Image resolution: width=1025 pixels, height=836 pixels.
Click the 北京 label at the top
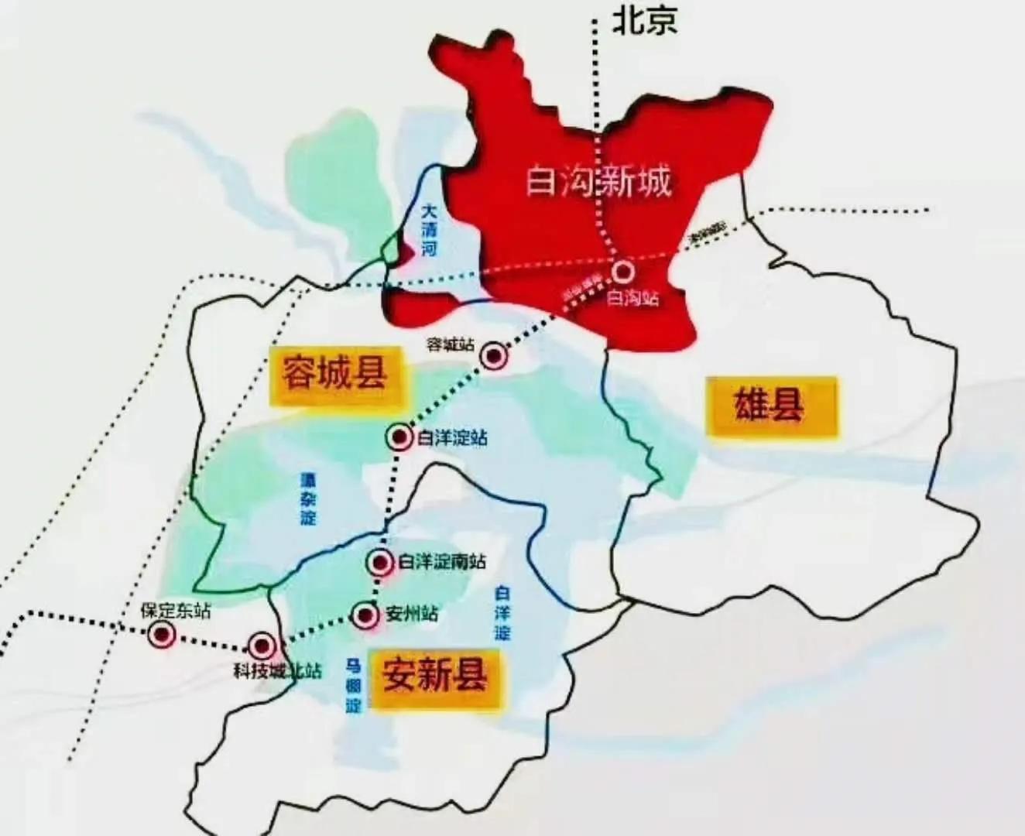(645, 20)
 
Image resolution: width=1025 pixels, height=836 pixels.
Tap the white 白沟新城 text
(598, 183)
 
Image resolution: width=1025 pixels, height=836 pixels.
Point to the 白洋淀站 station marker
(399, 437)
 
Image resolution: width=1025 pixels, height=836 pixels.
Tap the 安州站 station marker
(365, 615)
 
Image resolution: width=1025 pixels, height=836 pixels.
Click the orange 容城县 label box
(334, 376)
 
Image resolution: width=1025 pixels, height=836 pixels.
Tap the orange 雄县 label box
(771, 406)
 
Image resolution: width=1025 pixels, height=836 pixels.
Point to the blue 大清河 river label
(430, 229)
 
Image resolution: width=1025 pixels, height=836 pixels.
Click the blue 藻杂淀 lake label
(309, 499)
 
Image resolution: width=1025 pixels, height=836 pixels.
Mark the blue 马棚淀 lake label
(354, 685)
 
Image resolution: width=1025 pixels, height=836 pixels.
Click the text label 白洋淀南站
(442, 561)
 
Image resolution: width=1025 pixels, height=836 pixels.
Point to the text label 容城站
(451, 344)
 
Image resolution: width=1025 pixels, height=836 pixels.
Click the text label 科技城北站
(276, 670)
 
